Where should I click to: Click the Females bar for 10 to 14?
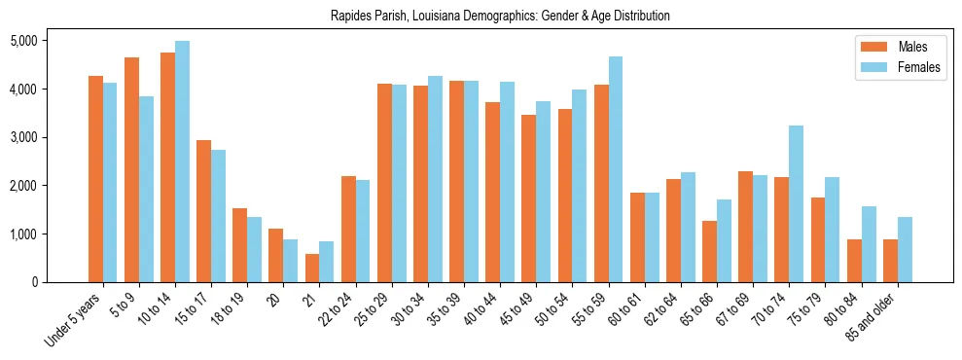click(x=182, y=162)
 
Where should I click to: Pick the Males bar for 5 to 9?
click(x=131, y=170)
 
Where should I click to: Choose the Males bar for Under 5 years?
click(x=95, y=179)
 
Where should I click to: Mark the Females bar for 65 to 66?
click(x=724, y=241)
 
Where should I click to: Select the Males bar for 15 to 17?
click(x=203, y=211)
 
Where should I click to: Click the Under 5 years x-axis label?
click(x=74, y=320)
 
